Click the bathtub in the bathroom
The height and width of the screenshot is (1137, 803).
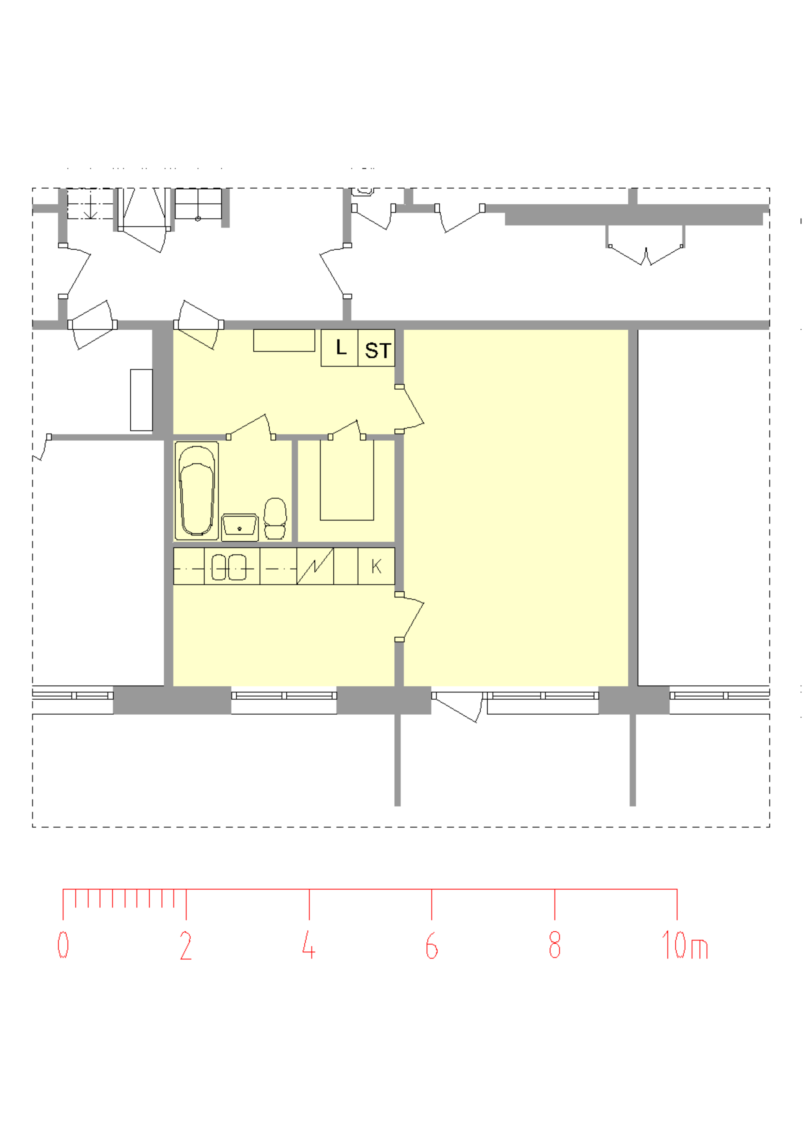coord(197,491)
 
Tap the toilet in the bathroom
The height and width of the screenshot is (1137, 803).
coord(275,518)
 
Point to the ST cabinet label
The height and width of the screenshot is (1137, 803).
coord(378,351)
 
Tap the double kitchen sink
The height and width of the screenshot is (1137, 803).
coord(229,567)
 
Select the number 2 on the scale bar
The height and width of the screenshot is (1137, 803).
coord(185,945)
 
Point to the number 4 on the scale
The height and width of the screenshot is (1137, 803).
coord(309,944)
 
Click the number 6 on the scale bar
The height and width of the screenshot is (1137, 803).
coord(431,945)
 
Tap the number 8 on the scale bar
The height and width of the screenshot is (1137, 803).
coord(554,944)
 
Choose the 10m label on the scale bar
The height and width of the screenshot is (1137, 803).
coord(685,944)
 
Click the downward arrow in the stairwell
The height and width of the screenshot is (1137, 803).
coord(91,206)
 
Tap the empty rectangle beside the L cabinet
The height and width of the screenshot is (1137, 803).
coord(284,340)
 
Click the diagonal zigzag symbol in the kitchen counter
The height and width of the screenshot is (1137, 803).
coord(315,566)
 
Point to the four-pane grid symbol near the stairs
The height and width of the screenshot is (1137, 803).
coord(198,204)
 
